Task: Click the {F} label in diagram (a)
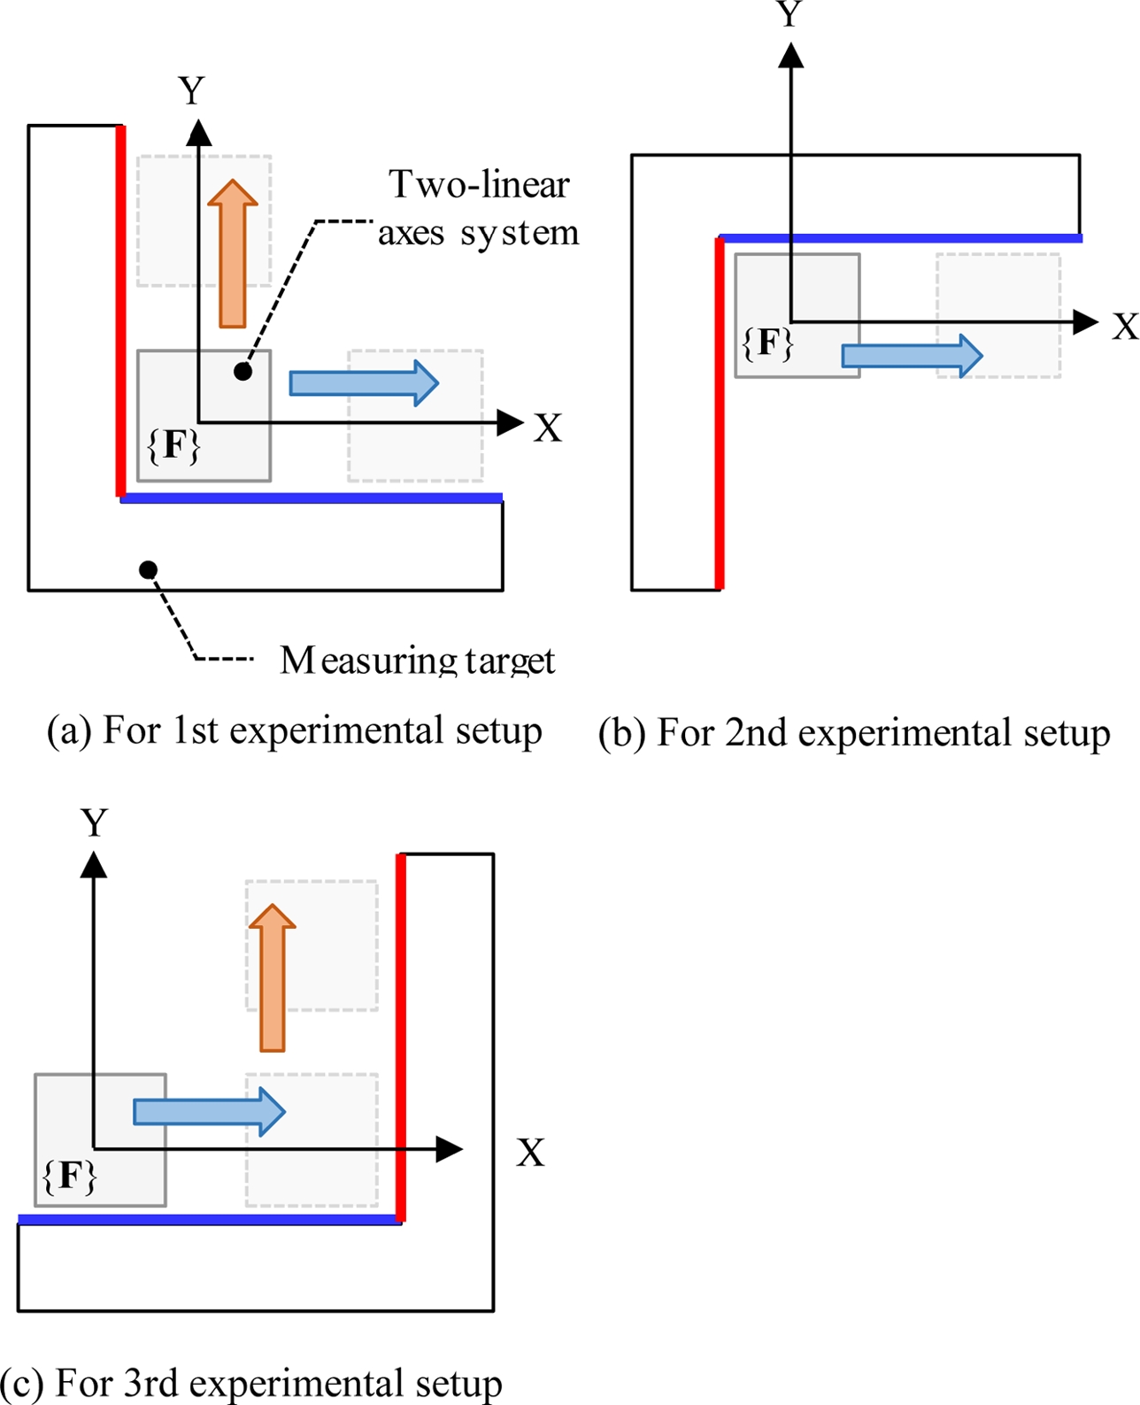(x=173, y=445)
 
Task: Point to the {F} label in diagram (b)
(x=767, y=343)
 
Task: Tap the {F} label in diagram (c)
(x=69, y=1177)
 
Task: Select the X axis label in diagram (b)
(x=1125, y=327)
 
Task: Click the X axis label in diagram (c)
(x=530, y=1153)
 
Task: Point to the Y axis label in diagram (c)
(x=94, y=823)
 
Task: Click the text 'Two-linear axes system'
(x=479, y=209)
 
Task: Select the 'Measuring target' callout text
(x=417, y=660)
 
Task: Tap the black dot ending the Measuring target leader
(x=149, y=569)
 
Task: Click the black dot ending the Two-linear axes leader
(x=243, y=372)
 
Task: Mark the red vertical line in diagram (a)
(x=121, y=311)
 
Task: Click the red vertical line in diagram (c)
(x=401, y=1037)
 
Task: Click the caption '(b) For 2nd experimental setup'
(x=854, y=734)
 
